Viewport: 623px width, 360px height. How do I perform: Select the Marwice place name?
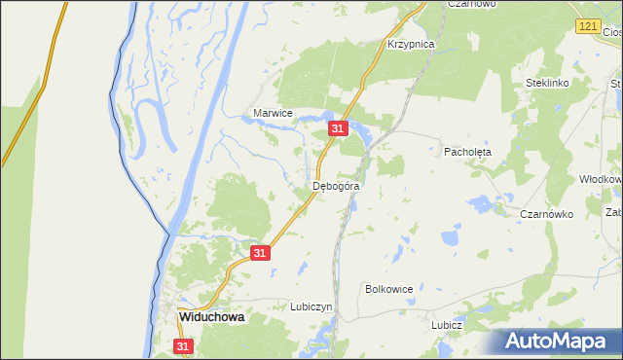[273, 113]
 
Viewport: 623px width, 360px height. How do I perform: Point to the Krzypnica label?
[410, 45]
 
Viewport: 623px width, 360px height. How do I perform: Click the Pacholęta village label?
[468, 153]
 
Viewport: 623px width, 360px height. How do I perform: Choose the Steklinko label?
[546, 84]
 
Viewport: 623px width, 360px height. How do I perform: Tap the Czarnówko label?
[546, 214]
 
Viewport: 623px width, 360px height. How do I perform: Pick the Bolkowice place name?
[389, 289]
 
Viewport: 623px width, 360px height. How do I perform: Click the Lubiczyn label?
[311, 306]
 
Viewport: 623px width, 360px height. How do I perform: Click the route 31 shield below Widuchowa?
[183, 345]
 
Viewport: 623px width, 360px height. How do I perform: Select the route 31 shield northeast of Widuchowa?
[259, 252]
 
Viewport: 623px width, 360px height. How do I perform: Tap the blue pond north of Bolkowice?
[450, 236]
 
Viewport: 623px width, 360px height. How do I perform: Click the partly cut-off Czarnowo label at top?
[471, 4]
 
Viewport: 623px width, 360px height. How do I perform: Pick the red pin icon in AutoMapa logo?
[513, 340]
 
